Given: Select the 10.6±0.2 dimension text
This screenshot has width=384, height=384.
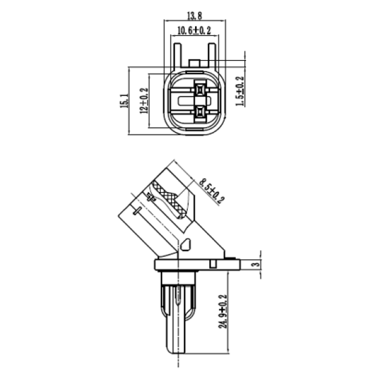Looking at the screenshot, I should [x=194, y=31].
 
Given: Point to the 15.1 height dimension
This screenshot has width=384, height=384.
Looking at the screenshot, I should [x=124, y=100].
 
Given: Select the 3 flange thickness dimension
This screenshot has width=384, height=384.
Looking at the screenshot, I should [x=255, y=264].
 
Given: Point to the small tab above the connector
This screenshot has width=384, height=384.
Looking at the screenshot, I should [x=194, y=63].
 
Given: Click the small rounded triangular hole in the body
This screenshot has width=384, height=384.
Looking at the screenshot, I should [x=187, y=245].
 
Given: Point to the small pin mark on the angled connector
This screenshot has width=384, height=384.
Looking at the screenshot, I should [x=139, y=210].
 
